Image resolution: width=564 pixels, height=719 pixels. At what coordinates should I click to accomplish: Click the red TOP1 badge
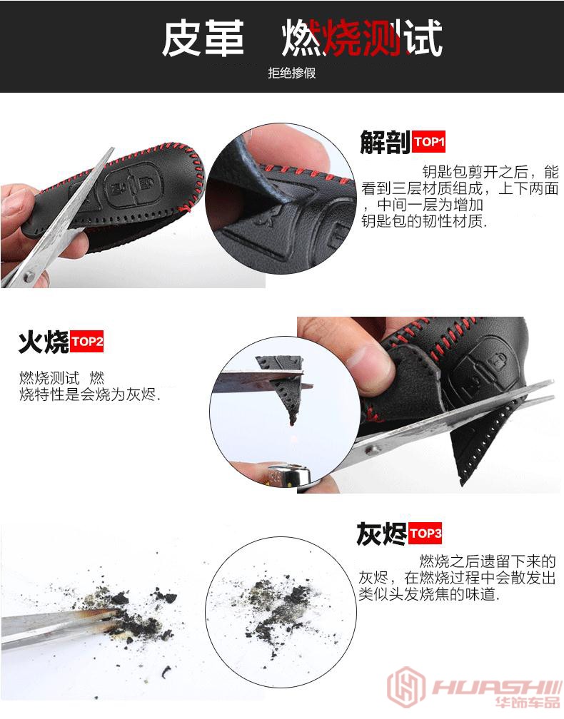(428, 142)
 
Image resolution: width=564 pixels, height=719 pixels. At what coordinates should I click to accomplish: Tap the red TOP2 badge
(86, 342)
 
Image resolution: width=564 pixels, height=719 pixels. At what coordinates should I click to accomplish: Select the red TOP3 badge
(425, 534)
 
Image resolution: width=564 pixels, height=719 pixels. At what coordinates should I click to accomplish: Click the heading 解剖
(385, 142)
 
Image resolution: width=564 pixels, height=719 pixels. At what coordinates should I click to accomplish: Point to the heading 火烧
(44, 342)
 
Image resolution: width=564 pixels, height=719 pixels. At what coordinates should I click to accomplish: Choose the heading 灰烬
(381, 534)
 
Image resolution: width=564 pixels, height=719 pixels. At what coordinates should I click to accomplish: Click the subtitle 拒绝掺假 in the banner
(292, 73)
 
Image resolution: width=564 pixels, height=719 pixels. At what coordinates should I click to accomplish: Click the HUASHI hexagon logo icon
(406, 688)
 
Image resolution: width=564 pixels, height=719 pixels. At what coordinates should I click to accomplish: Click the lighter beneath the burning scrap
(289, 475)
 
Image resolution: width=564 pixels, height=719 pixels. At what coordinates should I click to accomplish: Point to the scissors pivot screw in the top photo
(29, 276)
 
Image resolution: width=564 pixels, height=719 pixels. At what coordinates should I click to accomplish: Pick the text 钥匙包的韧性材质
(423, 221)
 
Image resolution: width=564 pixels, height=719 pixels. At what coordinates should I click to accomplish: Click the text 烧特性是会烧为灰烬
(89, 394)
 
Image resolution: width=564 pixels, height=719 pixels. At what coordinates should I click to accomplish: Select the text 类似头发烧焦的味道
(428, 595)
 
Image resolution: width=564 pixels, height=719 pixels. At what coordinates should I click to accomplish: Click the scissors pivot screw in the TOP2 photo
(371, 450)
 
